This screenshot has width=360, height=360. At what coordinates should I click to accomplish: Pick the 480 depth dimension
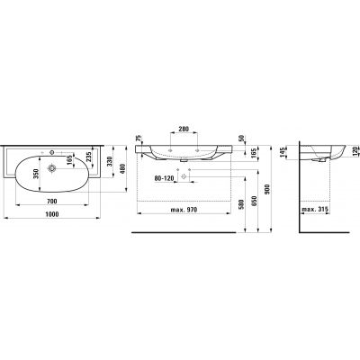pos(122,172)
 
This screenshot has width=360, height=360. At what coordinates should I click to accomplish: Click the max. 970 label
pos(182,210)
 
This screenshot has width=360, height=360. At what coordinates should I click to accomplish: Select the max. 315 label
pos(316,210)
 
